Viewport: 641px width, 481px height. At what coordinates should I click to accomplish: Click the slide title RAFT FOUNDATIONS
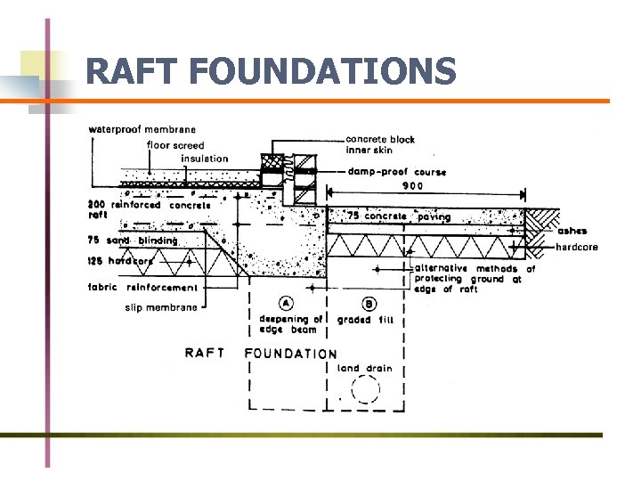(x=271, y=71)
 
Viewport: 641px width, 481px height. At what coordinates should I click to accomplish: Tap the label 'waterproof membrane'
(x=142, y=131)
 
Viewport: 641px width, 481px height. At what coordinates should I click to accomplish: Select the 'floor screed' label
(x=175, y=145)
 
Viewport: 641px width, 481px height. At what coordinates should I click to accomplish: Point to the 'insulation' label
(x=204, y=159)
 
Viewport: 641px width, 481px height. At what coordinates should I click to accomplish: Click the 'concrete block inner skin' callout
(x=379, y=144)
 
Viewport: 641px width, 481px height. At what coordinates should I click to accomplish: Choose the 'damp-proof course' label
(x=396, y=172)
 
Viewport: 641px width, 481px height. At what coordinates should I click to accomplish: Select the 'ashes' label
(x=572, y=232)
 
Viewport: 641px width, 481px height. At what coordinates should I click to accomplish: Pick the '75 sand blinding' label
(x=133, y=240)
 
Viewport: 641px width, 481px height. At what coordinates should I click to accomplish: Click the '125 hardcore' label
(x=121, y=261)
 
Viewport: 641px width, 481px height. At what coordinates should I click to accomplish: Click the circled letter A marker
(x=288, y=301)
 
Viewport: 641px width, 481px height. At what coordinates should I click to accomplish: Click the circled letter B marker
(x=368, y=302)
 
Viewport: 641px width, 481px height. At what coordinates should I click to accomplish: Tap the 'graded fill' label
(x=365, y=321)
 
